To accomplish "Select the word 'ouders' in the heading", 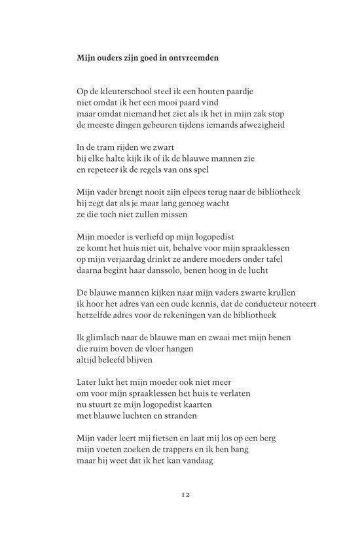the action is (110, 58).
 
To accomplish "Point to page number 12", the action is (181, 495).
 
